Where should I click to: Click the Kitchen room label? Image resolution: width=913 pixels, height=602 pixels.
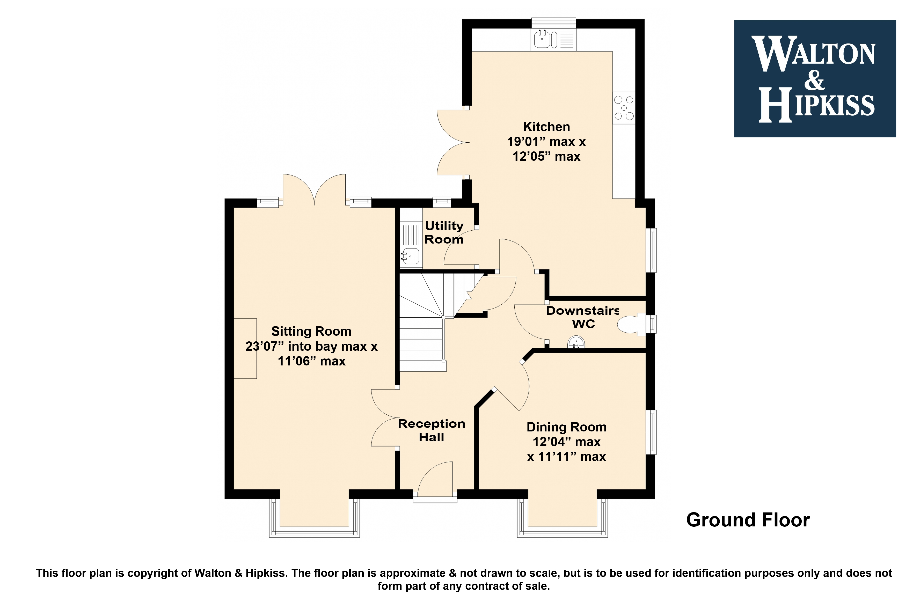(x=546, y=127)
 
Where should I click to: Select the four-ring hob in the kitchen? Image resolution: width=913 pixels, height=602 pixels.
(x=624, y=108)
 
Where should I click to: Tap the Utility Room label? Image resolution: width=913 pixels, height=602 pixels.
(x=444, y=232)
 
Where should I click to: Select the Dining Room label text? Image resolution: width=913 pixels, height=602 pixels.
(x=566, y=427)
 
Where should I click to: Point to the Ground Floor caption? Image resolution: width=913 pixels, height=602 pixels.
(x=748, y=520)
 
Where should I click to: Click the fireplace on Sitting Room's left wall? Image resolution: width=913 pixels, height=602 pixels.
(x=245, y=348)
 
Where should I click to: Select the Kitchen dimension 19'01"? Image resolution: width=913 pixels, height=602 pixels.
(x=523, y=142)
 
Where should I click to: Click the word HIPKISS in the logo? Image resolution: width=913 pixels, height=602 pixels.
(x=817, y=104)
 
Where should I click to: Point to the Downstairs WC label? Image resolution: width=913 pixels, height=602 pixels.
(x=583, y=317)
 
